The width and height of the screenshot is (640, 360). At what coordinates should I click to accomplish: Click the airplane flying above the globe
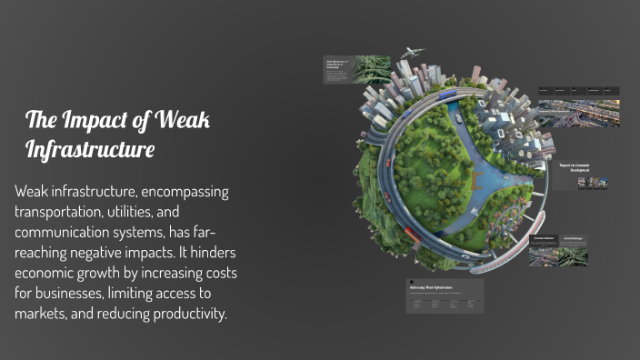coord(412,53)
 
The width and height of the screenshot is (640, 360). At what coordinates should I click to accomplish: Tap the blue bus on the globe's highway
coord(447,94)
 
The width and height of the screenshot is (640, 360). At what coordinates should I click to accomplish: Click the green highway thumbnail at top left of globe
coord(371,70)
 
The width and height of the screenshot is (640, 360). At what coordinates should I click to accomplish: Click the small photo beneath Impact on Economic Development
coord(593,183)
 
